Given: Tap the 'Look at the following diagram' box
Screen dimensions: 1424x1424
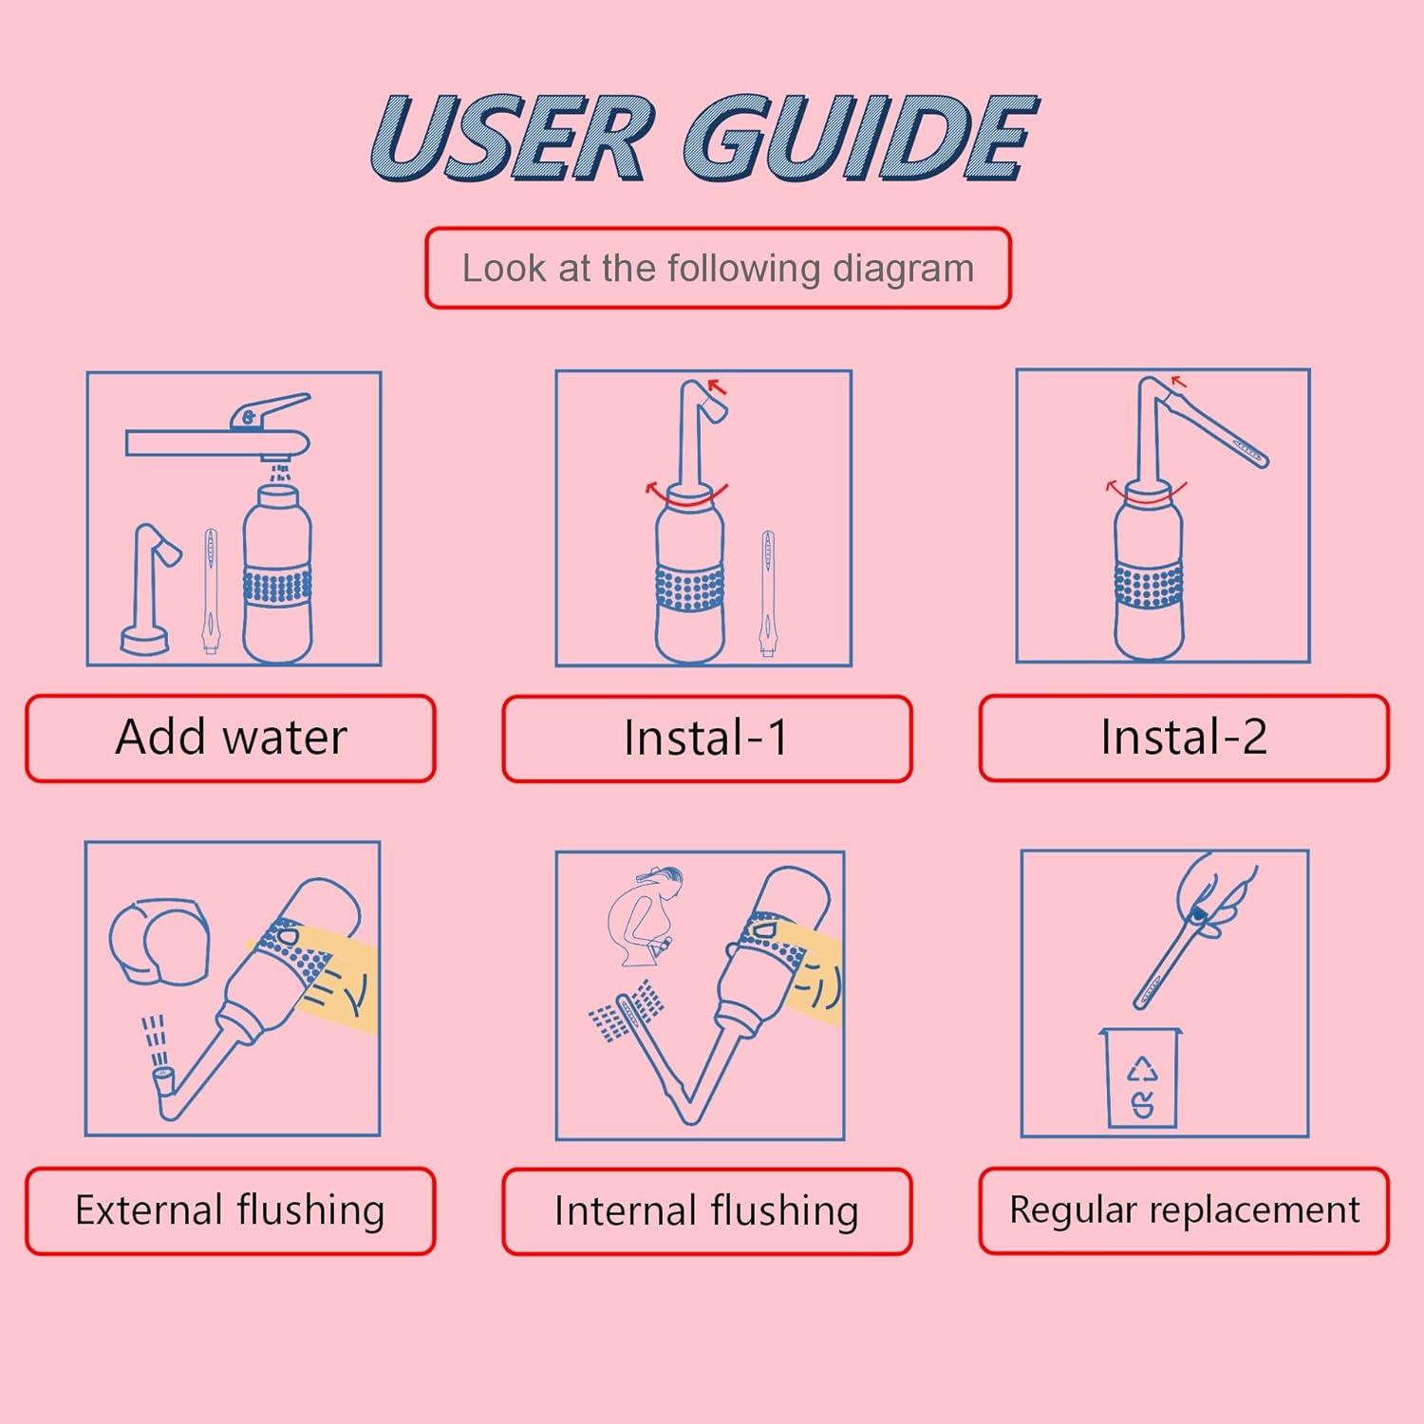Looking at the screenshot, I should point(718,269).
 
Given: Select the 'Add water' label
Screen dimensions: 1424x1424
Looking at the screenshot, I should point(231,738).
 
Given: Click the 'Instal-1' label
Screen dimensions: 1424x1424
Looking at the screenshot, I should point(706,738).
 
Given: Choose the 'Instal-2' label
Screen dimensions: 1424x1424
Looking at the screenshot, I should point(1184,738).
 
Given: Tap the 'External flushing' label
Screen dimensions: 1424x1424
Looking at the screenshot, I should point(231,1210).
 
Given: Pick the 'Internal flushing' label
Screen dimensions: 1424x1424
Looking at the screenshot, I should point(706,1210).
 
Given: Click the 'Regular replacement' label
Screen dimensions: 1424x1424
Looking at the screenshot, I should point(1184,1210).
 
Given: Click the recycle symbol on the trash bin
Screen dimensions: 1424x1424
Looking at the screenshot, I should point(1143,1071).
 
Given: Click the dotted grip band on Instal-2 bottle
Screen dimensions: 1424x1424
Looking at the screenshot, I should point(1149,589).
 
